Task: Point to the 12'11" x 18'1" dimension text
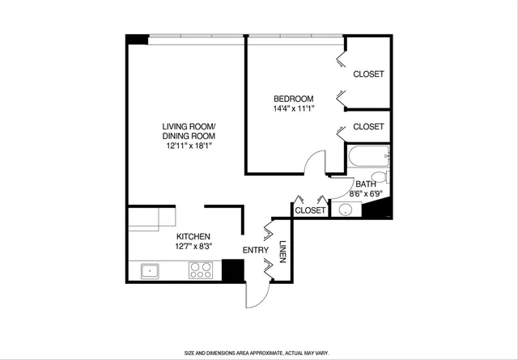[x=189, y=146]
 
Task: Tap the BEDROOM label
[x=293, y=99]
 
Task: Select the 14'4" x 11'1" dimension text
[x=293, y=108]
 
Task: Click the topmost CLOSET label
[x=368, y=74]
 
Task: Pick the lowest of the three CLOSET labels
[x=310, y=210]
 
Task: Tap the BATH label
[x=366, y=184]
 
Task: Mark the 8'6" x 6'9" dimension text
[x=366, y=194]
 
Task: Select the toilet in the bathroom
[x=378, y=177]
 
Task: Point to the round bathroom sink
[x=346, y=210]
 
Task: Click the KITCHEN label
[x=193, y=235]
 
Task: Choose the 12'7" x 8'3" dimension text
[x=193, y=246]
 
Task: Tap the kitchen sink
[x=149, y=270]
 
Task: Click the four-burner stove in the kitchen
[x=200, y=270]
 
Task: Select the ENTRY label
[x=256, y=250]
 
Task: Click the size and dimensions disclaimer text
[x=258, y=353]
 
